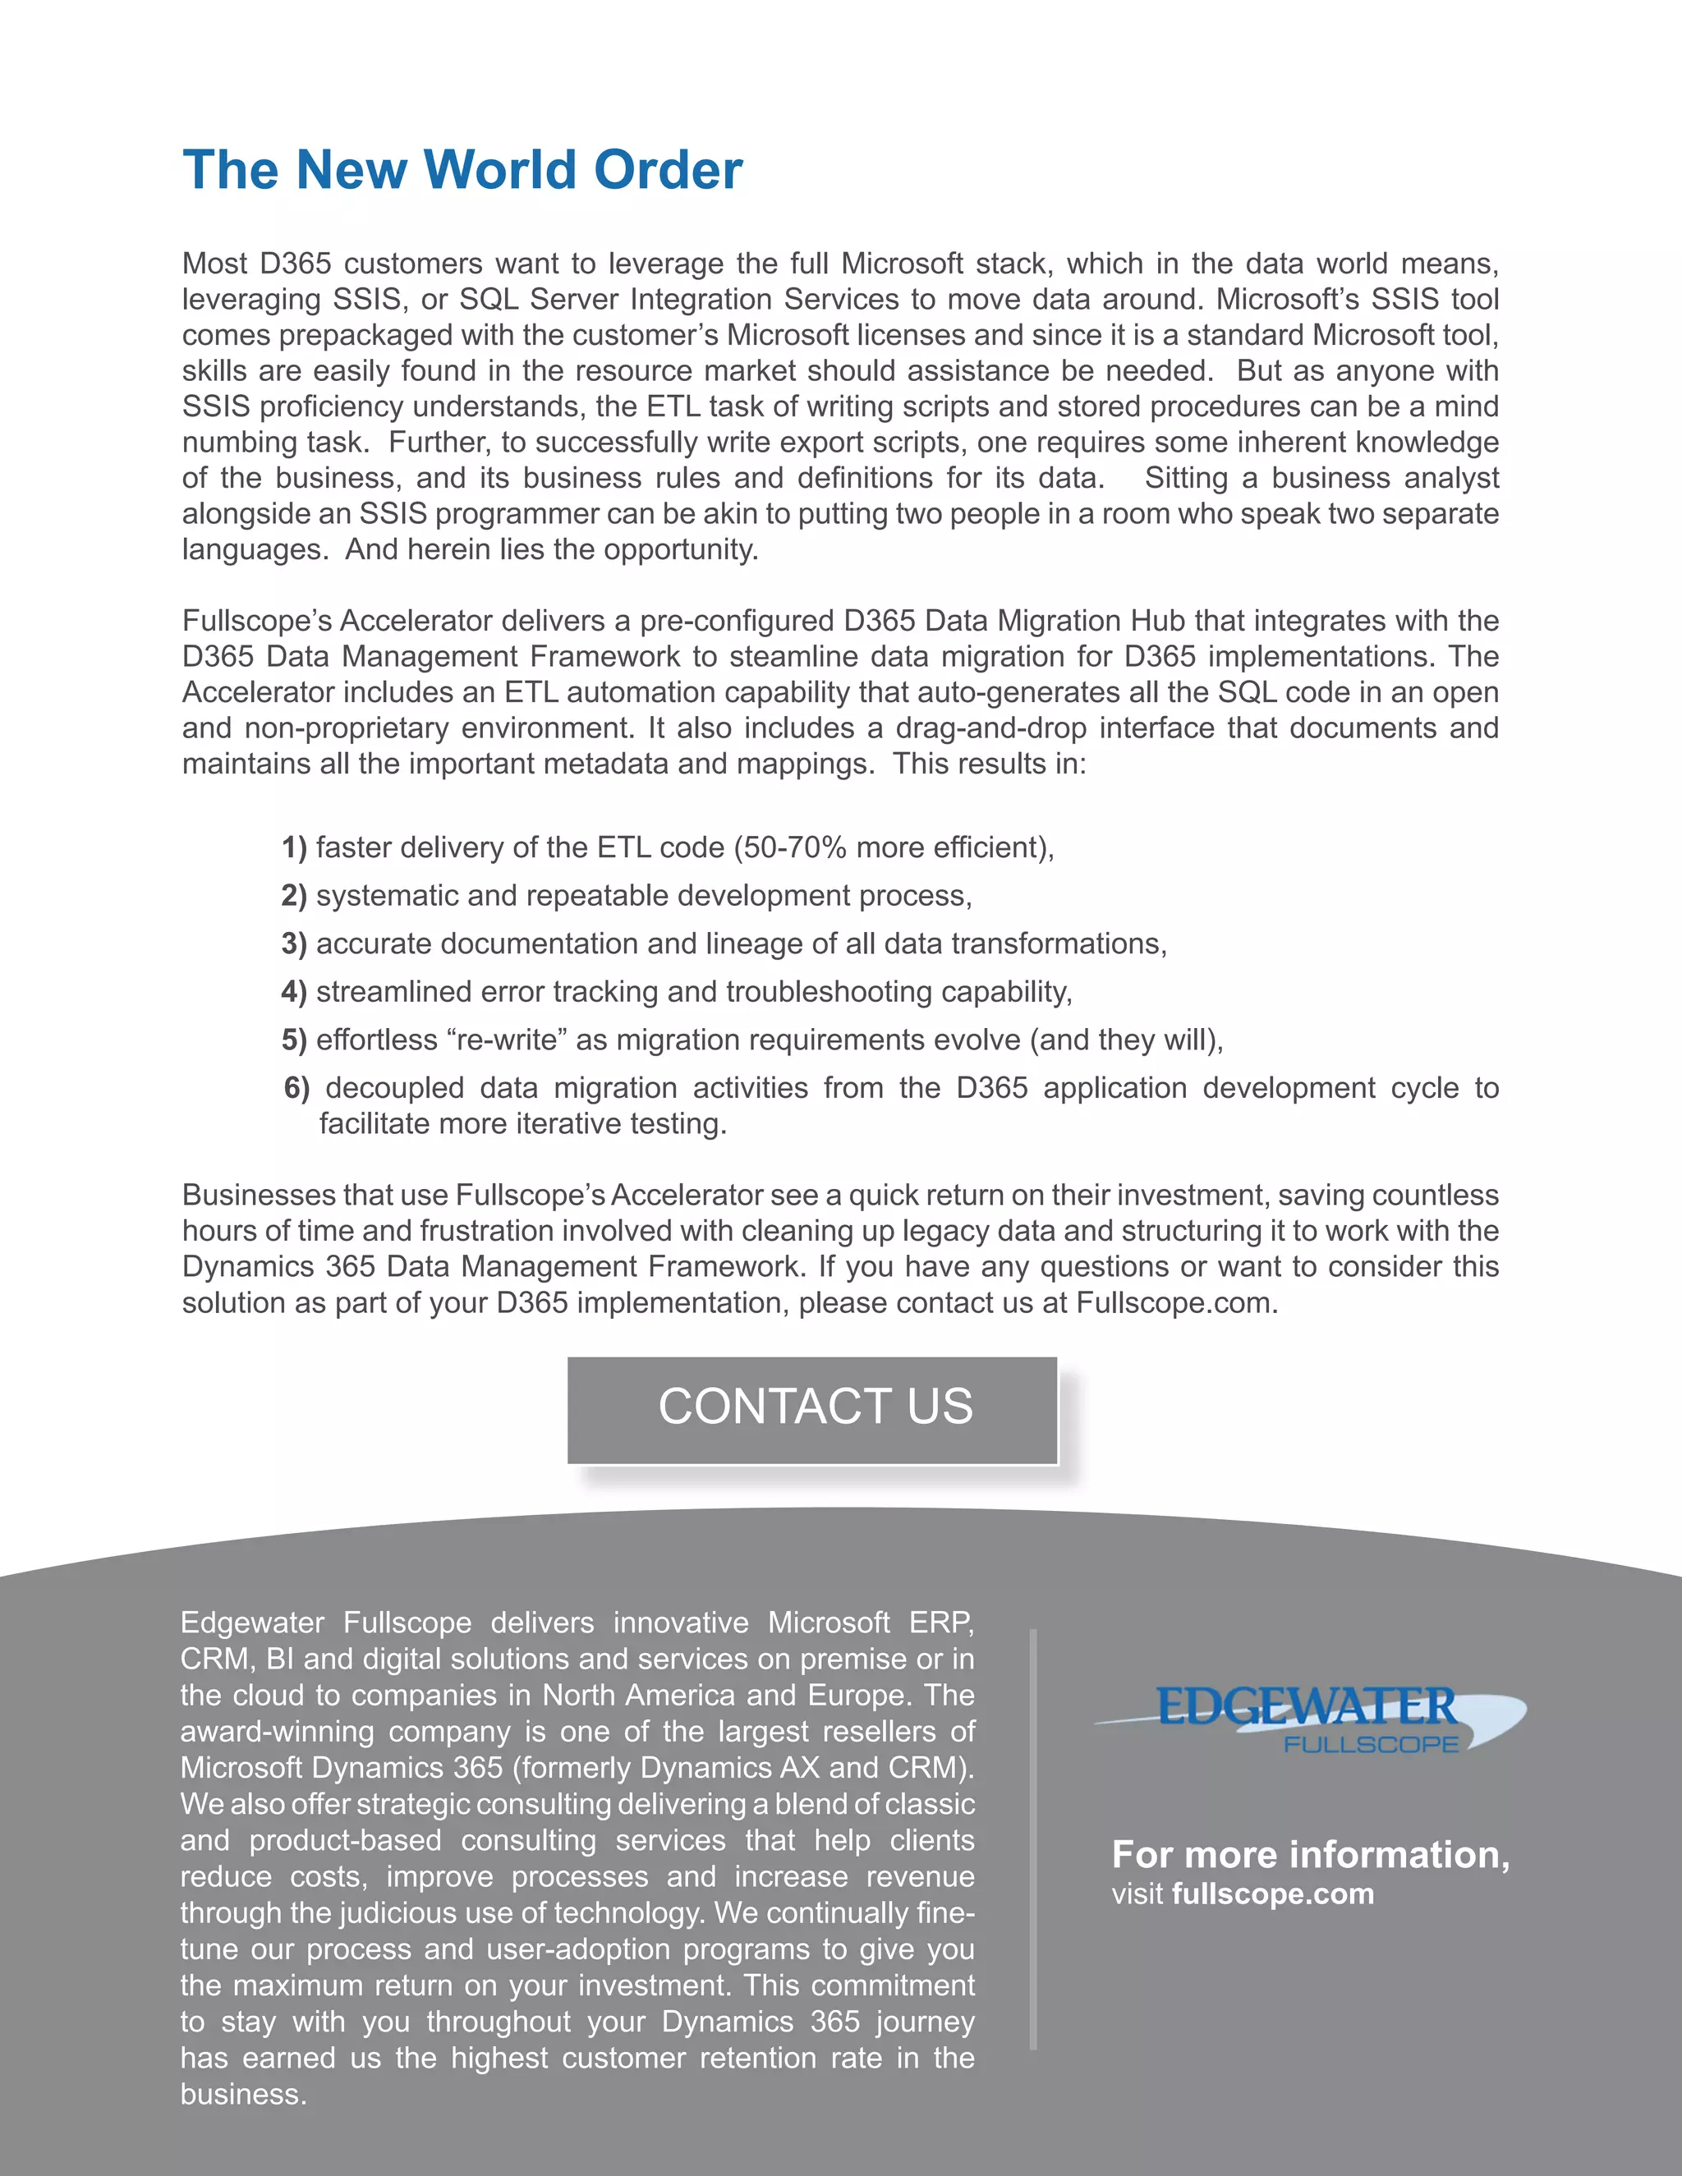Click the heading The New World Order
[x=462, y=170]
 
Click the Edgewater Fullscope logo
[x=1310, y=1718]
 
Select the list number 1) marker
[x=294, y=848]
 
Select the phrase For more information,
[x=1310, y=1854]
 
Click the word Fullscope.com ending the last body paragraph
[x=1176, y=1303]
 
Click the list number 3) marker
[x=294, y=944]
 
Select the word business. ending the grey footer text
[x=243, y=2095]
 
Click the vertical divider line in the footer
[x=1033, y=1843]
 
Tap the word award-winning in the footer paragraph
[x=277, y=1732]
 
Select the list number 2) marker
[x=294, y=897]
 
